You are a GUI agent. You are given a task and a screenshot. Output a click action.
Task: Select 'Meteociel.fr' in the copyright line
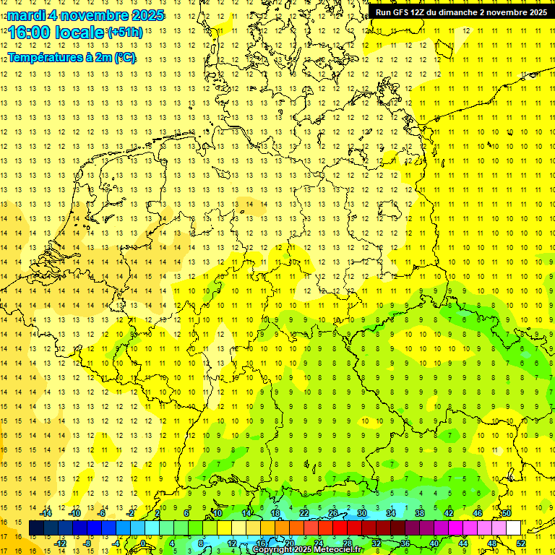(339, 550)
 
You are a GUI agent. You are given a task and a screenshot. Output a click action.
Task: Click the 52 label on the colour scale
(521, 543)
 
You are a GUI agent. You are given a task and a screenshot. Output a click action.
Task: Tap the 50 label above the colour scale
(507, 513)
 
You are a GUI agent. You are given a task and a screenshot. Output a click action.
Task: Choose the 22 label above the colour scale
(304, 513)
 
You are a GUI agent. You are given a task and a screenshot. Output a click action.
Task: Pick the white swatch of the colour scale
(513, 528)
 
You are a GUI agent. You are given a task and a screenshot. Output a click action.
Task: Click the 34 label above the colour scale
(391, 513)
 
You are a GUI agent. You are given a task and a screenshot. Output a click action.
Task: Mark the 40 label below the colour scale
(434, 543)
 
